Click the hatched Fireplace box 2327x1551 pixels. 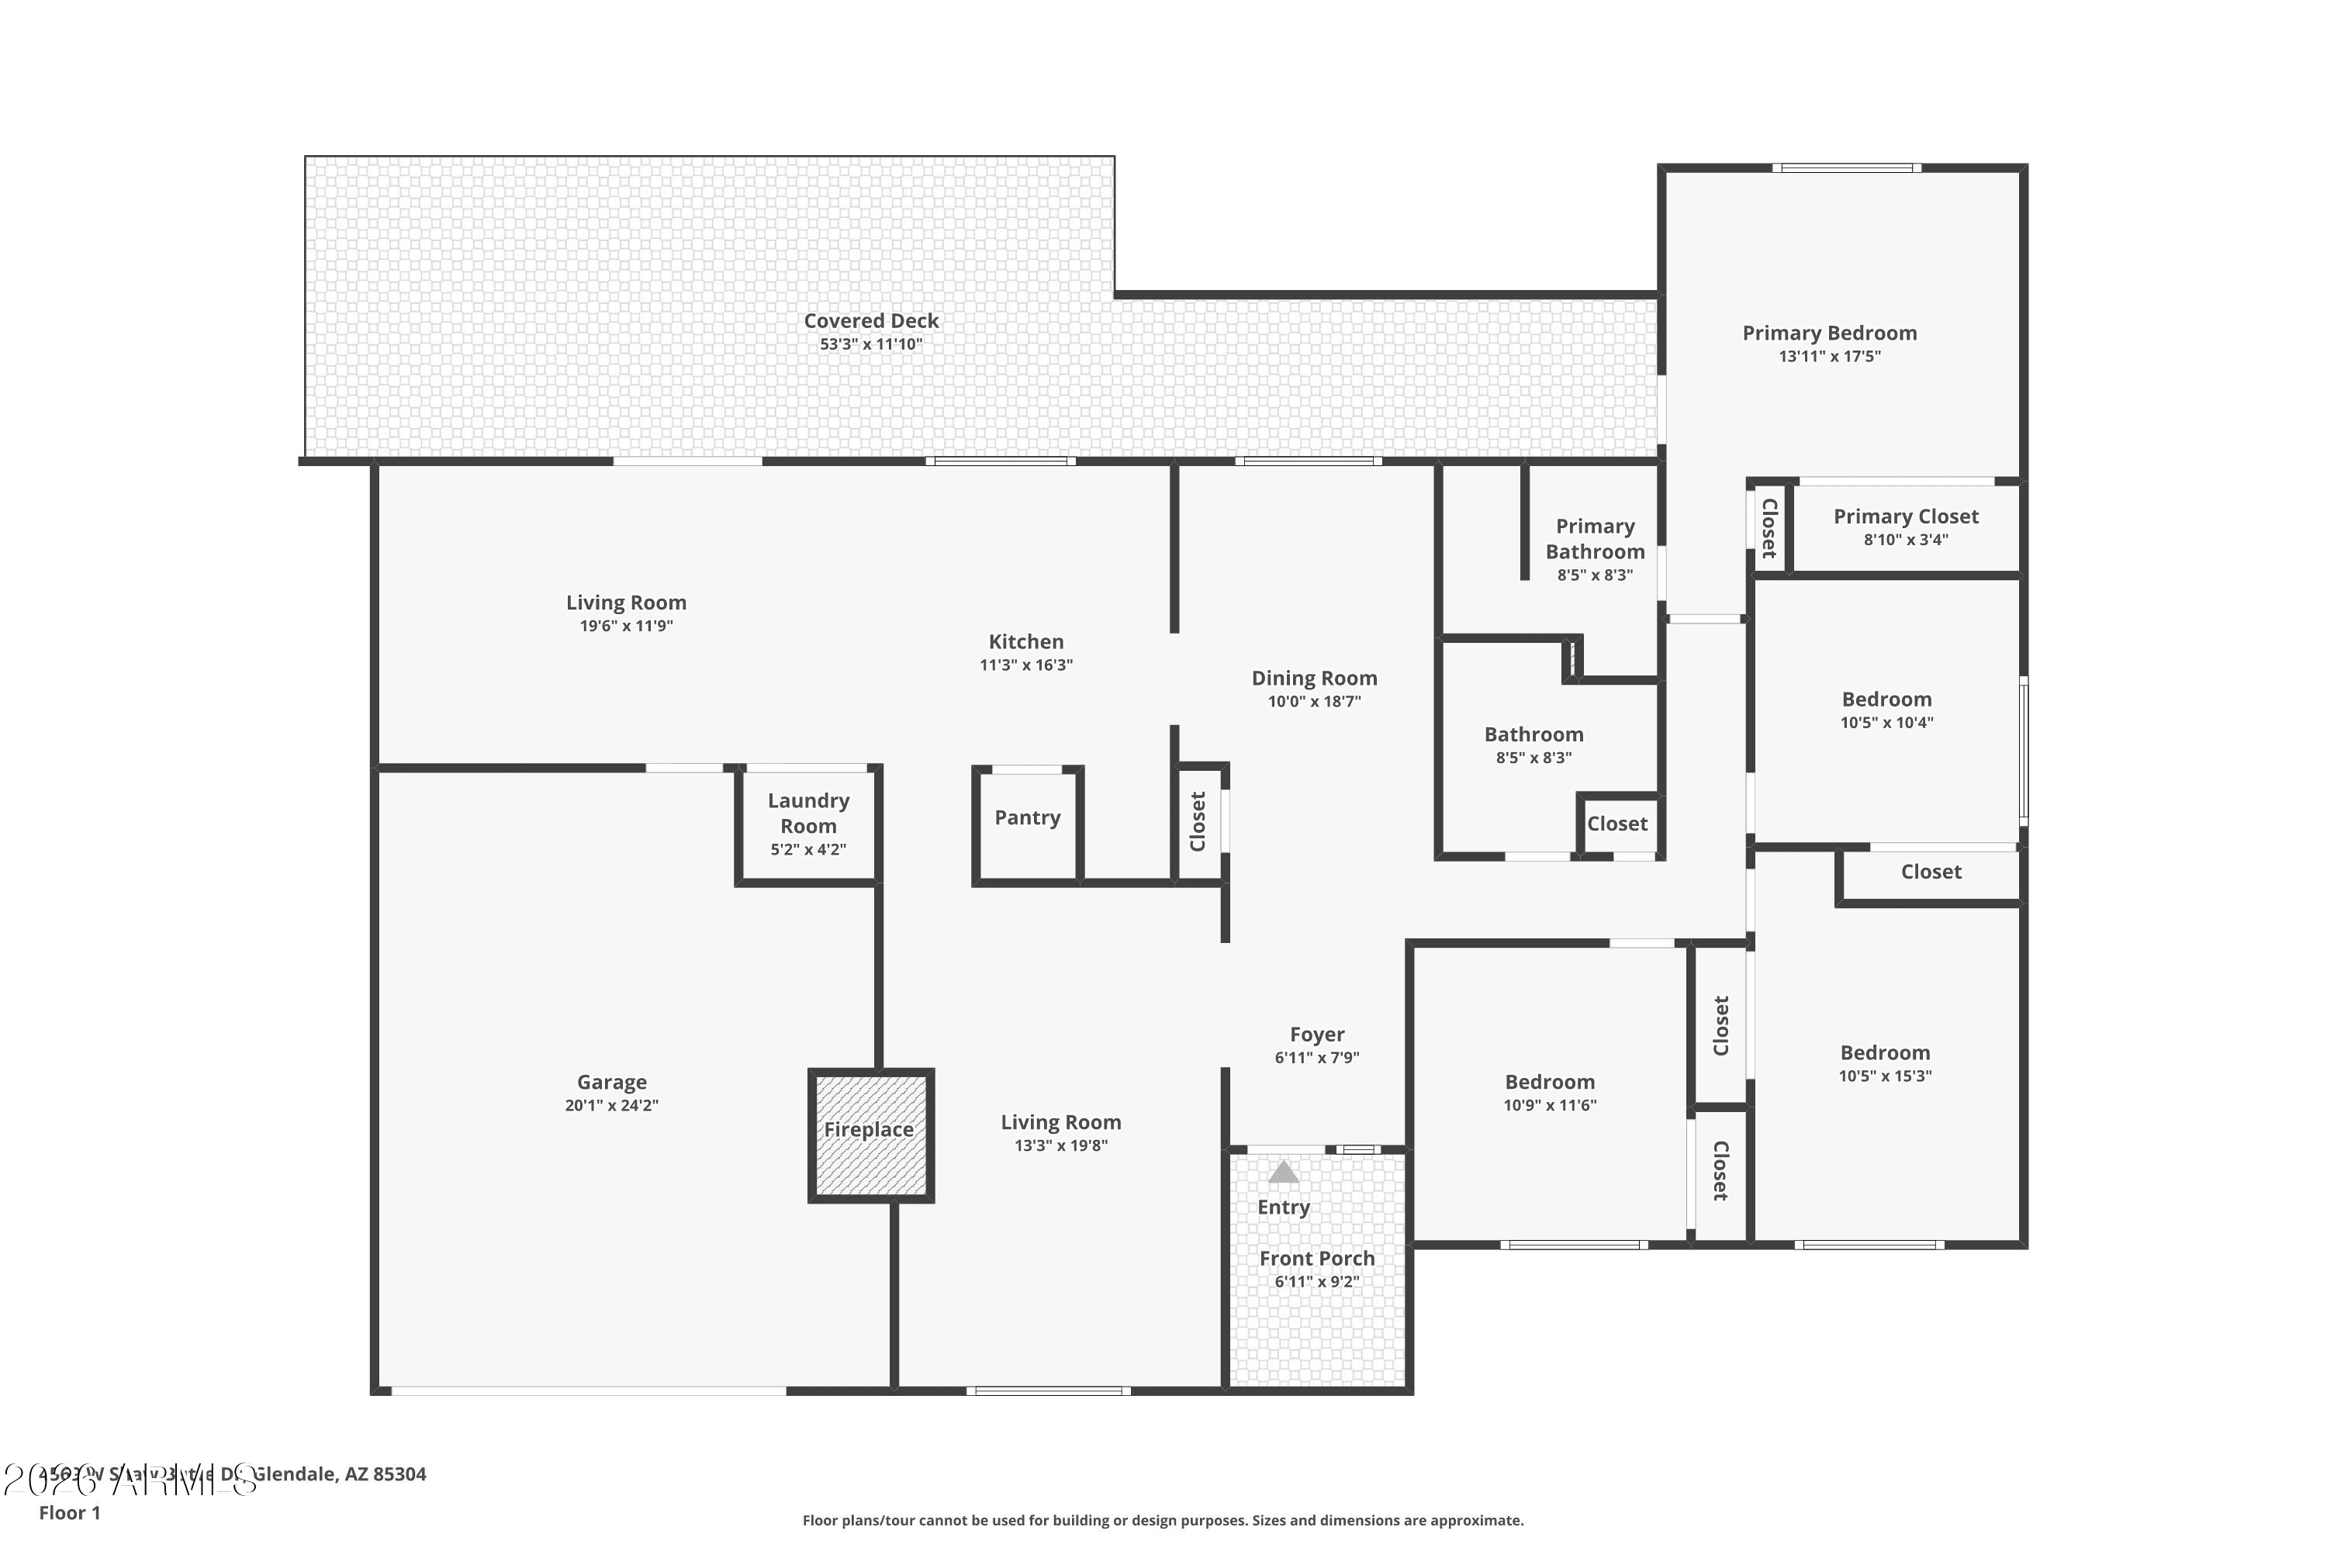point(870,1135)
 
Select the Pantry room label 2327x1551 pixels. point(1027,817)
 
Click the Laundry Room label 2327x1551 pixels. point(808,813)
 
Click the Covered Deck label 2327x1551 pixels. point(870,320)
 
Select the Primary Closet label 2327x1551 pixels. point(1906,516)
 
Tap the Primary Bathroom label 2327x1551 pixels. point(1595,539)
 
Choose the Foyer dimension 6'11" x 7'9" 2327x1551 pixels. point(1317,1058)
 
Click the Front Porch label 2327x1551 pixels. point(1317,1258)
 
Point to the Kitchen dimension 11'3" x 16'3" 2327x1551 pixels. point(1026,665)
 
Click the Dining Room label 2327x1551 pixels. point(1314,679)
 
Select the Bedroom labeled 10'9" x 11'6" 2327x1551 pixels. point(1549,1082)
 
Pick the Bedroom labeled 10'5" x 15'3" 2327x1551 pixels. point(1885,1052)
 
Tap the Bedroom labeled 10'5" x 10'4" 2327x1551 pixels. point(1886,700)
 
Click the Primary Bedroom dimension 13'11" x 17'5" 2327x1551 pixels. point(1829,356)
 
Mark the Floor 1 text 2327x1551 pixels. point(69,1512)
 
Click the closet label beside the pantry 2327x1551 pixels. point(1198,821)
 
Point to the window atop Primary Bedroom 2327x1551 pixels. point(1846,168)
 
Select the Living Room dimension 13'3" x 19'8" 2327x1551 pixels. point(1060,1145)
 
